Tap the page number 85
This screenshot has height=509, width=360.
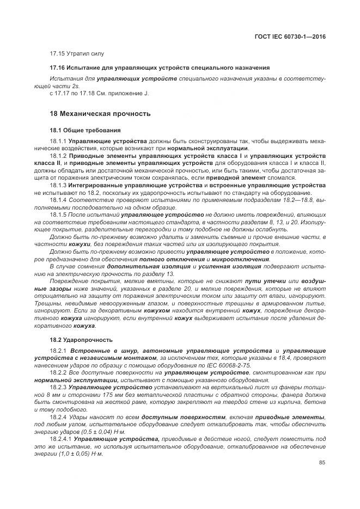[322, 463]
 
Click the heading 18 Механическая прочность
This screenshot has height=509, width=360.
[100, 113]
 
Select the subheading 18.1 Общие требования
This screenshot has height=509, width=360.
[81, 130]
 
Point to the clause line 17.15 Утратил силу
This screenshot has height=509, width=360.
[77, 53]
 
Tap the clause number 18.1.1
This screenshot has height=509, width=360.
[58, 141]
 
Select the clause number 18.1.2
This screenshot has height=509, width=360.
[58, 155]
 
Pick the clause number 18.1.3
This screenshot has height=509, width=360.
[58, 185]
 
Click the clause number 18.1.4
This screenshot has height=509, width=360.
[58, 200]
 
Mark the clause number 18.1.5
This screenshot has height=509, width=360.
[58, 215]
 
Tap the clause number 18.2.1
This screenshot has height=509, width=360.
[58, 350]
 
